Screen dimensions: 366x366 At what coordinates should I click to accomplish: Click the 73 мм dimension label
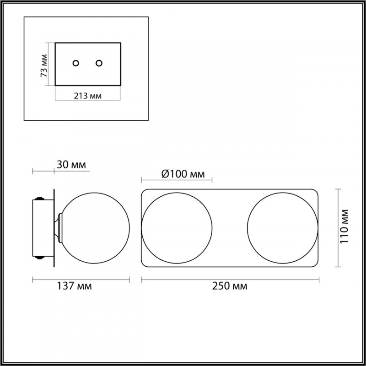point(44,65)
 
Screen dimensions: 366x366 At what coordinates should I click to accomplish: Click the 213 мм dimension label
point(88,96)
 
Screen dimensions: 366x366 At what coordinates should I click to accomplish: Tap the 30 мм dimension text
point(71,165)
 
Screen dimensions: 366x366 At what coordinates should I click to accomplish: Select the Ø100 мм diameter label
point(183,174)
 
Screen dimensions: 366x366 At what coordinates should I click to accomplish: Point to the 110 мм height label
point(344,226)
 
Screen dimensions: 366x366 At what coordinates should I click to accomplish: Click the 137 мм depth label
point(75,286)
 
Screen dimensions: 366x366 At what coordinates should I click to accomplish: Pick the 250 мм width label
point(230,286)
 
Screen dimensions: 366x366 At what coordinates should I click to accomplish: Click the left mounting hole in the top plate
point(75,63)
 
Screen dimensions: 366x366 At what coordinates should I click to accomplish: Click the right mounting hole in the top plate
point(99,63)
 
